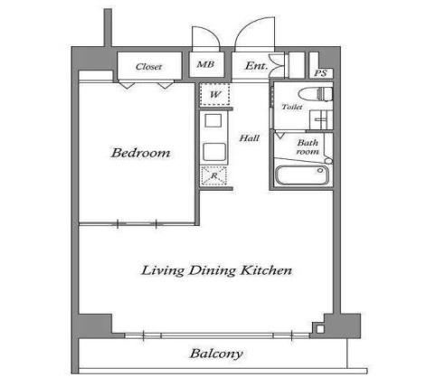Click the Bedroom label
[x=141, y=153]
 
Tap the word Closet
[x=148, y=67]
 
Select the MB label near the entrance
[x=205, y=64]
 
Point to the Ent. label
[x=256, y=66]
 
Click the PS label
[x=320, y=73]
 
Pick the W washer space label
[x=215, y=95]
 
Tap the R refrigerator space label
[x=214, y=175]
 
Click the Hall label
[x=250, y=138]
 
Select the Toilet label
[x=292, y=107]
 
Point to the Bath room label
[x=307, y=146]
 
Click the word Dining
[x=212, y=270]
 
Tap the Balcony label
[x=216, y=354]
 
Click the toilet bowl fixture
[x=316, y=94]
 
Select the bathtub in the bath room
[x=301, y=175]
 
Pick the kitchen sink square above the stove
[x=213, y=120]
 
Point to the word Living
[x=163, y=270]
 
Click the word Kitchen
[x=266, y=270]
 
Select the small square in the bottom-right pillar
[x=320, y=329]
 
